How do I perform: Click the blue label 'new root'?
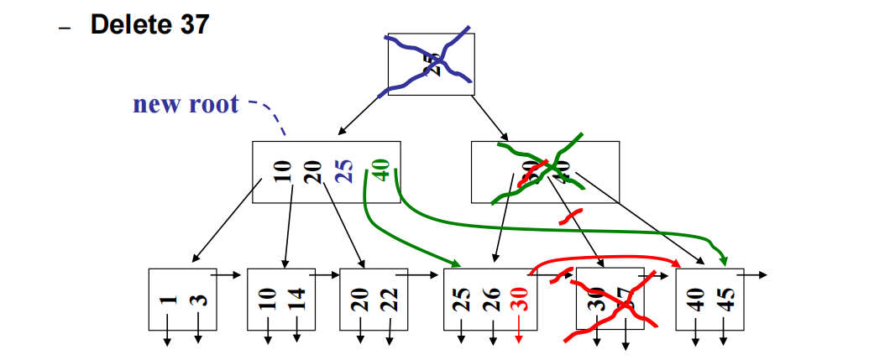[186, 105]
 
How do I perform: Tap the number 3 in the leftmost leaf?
[200, 299]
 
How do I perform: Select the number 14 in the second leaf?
[298, 300]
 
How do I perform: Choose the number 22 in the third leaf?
[390, 300]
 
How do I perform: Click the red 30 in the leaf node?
[519, 300]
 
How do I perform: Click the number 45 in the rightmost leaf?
[727, 300]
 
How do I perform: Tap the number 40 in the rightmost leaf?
[696, 300]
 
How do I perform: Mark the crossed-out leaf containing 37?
[610, 300]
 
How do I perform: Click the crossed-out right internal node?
[545, 172]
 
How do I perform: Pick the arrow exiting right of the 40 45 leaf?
[755, 274]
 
